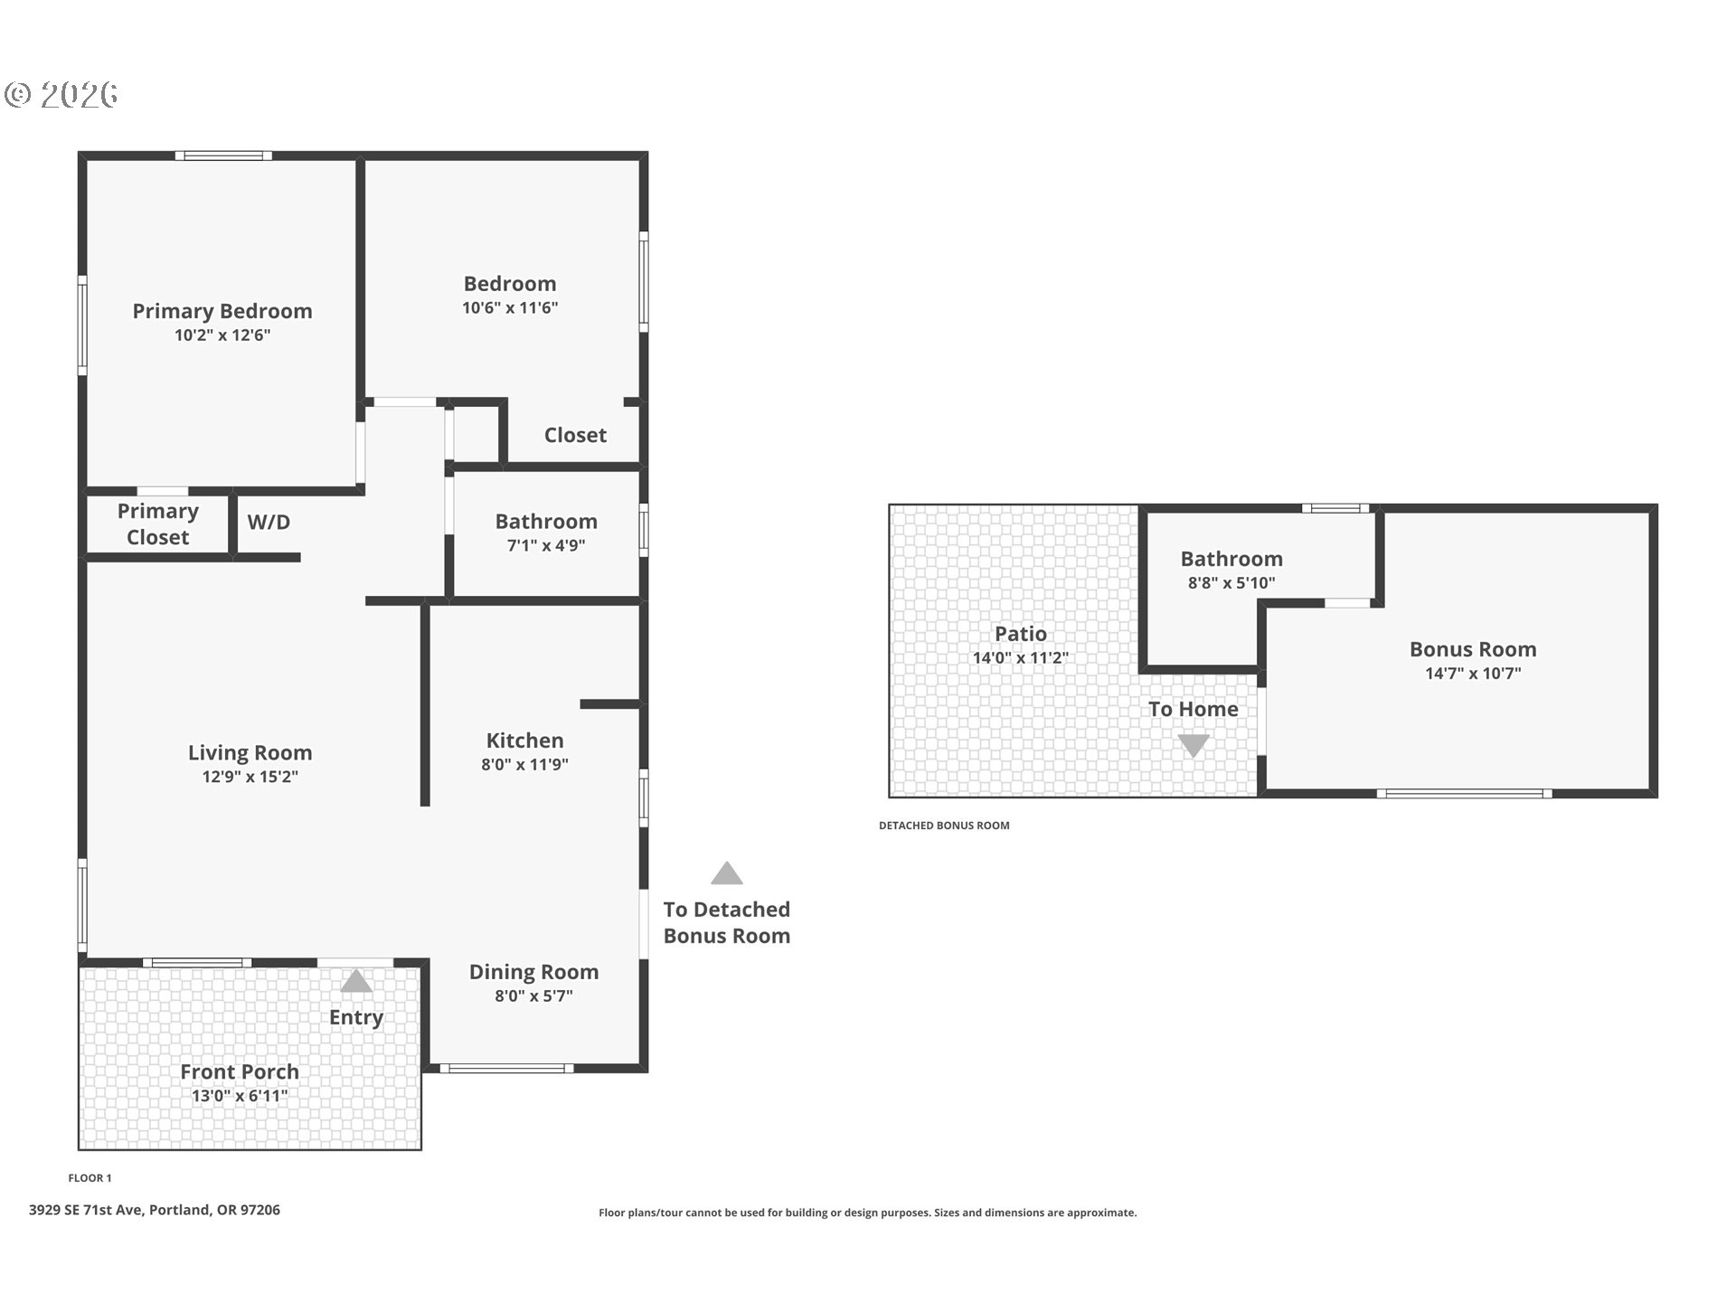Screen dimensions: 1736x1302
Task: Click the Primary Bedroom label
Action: [x=222, y=311]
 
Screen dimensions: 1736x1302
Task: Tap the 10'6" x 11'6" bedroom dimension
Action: [x=510, y=307]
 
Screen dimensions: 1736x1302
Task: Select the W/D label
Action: [x=269, y=522]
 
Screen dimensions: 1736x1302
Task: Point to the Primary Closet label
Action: [x=158, y=524]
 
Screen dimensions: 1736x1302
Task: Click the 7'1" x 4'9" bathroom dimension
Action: [x=546, y=545]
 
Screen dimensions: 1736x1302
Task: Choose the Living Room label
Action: [x=250, y=752]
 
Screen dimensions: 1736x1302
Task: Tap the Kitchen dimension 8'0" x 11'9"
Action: [x=524, y=764]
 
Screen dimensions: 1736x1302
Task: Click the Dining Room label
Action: [x=533, y=972]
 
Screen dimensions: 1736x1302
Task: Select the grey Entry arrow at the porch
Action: [x=356, y=981]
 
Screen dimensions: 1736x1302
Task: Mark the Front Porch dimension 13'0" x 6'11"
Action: [x=240, y=1096]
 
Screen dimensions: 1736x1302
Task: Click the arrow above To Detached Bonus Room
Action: [x=727, y=873]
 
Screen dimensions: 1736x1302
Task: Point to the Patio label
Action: [x=1021, y=634]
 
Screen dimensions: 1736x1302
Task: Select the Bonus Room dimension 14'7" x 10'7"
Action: [x=1473, y=673]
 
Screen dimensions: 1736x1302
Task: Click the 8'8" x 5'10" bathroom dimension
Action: [x=1231, y=583]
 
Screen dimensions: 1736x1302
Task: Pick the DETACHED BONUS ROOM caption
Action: [x=944, y=826]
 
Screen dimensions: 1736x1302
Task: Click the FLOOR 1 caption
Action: [x=90, y=1178]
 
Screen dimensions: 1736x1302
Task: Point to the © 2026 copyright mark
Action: [x=61, y=95]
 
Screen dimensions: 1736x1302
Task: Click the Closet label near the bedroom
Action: [x=575, y=435]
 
